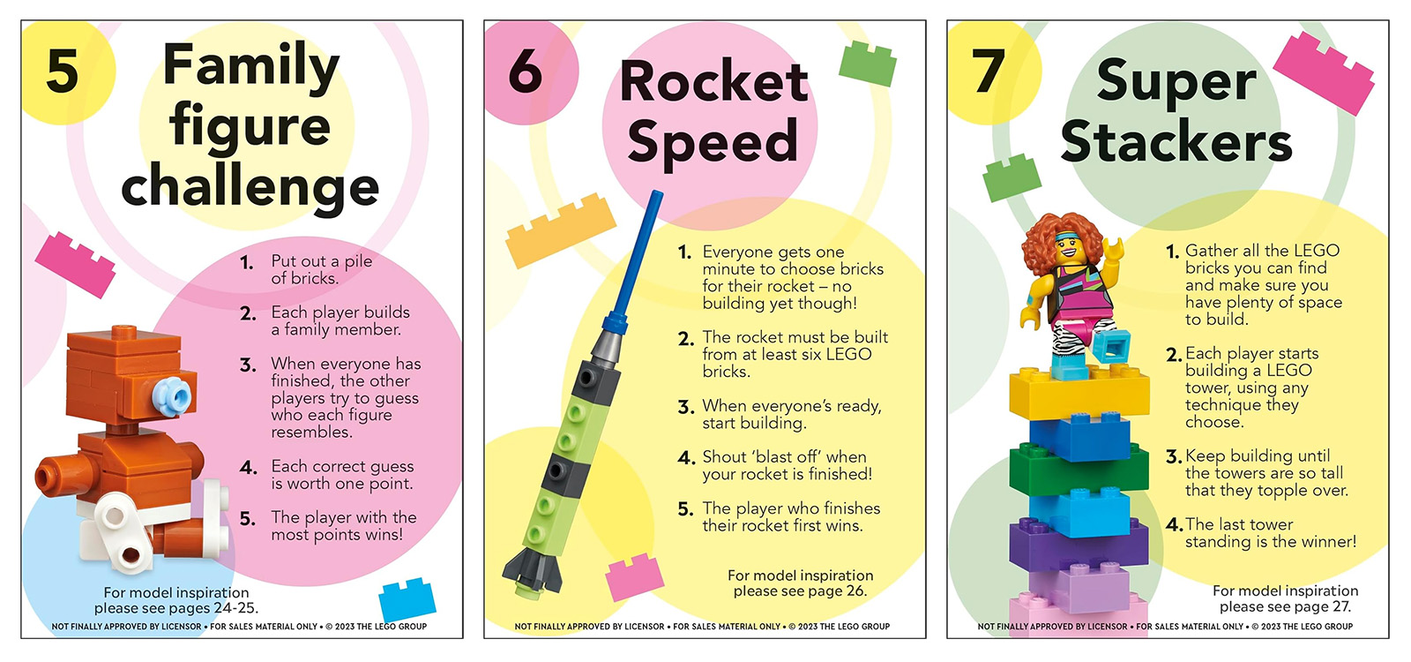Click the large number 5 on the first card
coord(63,71)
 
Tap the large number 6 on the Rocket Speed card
coord(526,71)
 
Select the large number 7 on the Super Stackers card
coord(989,71)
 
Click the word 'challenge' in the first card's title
coord(250,189)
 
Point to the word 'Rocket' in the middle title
coord(713,83)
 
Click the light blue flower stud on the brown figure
coord(172,396)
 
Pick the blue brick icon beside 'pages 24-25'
coord(407,599)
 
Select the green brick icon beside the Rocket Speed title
coord(868,64)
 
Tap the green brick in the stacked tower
coord(1079,469)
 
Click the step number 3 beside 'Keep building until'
coord(1173,455)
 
